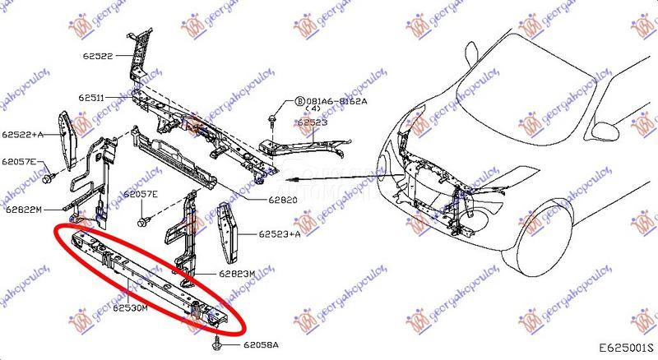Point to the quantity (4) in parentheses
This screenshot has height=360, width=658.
tap(313, 109)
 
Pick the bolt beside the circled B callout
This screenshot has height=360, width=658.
tap(272, 120)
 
